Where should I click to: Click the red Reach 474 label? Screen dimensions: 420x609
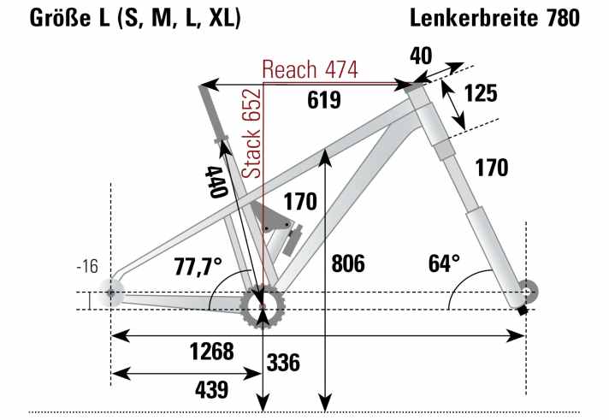click(310, 69)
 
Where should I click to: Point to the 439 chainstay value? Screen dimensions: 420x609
click(211, 390)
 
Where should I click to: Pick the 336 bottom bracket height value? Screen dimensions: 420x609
click(283, 362)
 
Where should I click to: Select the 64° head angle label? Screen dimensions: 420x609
click(444, 262)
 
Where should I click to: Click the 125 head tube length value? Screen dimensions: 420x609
click(481, 93)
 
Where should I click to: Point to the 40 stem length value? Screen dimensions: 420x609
click(420, 56)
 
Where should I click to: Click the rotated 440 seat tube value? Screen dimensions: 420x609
click(214, 181)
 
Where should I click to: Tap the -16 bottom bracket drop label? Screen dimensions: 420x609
click(87, 267)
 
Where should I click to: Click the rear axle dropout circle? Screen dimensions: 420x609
click(110, 293)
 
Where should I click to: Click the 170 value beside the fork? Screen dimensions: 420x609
click(492, 168)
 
